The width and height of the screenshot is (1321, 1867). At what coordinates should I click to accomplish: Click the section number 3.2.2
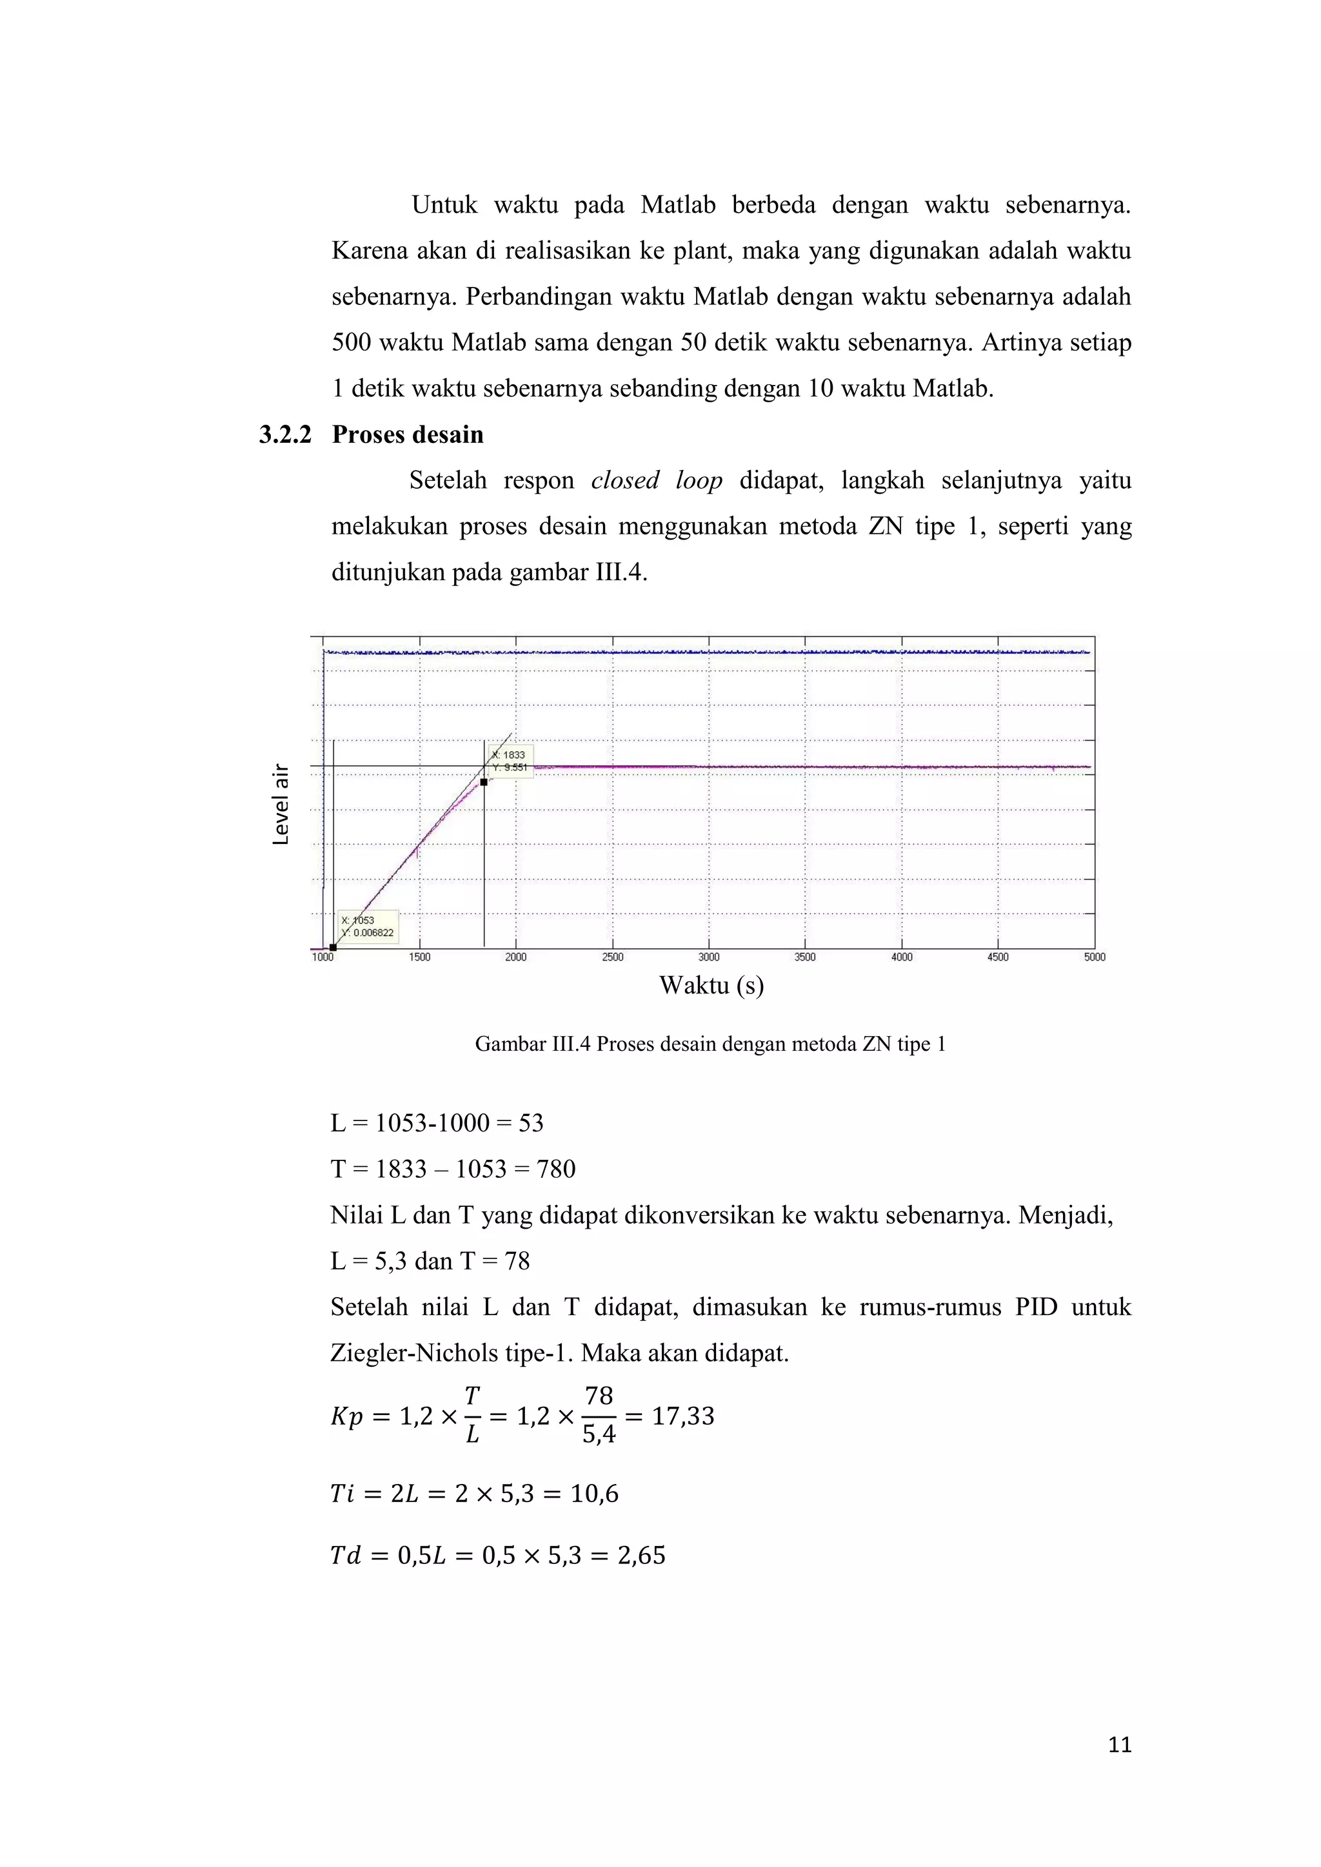(284, 435)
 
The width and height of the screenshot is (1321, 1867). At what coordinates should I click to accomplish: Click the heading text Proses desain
(408, 435)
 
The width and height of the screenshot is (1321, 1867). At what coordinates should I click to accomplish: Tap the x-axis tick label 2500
(613, 957)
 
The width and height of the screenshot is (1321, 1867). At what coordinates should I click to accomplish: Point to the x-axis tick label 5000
(1094, 957)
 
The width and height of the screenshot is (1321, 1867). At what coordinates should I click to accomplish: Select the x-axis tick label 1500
(420, 957)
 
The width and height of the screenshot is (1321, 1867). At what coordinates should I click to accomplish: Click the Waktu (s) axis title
(711, 986)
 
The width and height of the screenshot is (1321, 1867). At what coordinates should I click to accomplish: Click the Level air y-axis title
(281, 804)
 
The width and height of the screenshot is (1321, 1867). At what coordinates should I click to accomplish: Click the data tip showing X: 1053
(368, 927)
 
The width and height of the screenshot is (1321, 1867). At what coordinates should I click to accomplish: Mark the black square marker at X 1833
(484, 782)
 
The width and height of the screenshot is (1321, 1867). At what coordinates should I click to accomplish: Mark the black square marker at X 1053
(333, 947)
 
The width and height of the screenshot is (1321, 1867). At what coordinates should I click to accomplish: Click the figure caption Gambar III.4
(710, 1044)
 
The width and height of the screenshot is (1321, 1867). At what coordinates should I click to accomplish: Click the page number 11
(1119, 1745)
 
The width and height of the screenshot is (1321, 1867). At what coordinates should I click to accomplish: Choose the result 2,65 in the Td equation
(641, 1556)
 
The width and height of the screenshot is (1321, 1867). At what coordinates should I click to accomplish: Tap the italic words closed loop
(657, 480)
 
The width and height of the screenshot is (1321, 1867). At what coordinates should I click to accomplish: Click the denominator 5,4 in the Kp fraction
(599, 1434)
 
